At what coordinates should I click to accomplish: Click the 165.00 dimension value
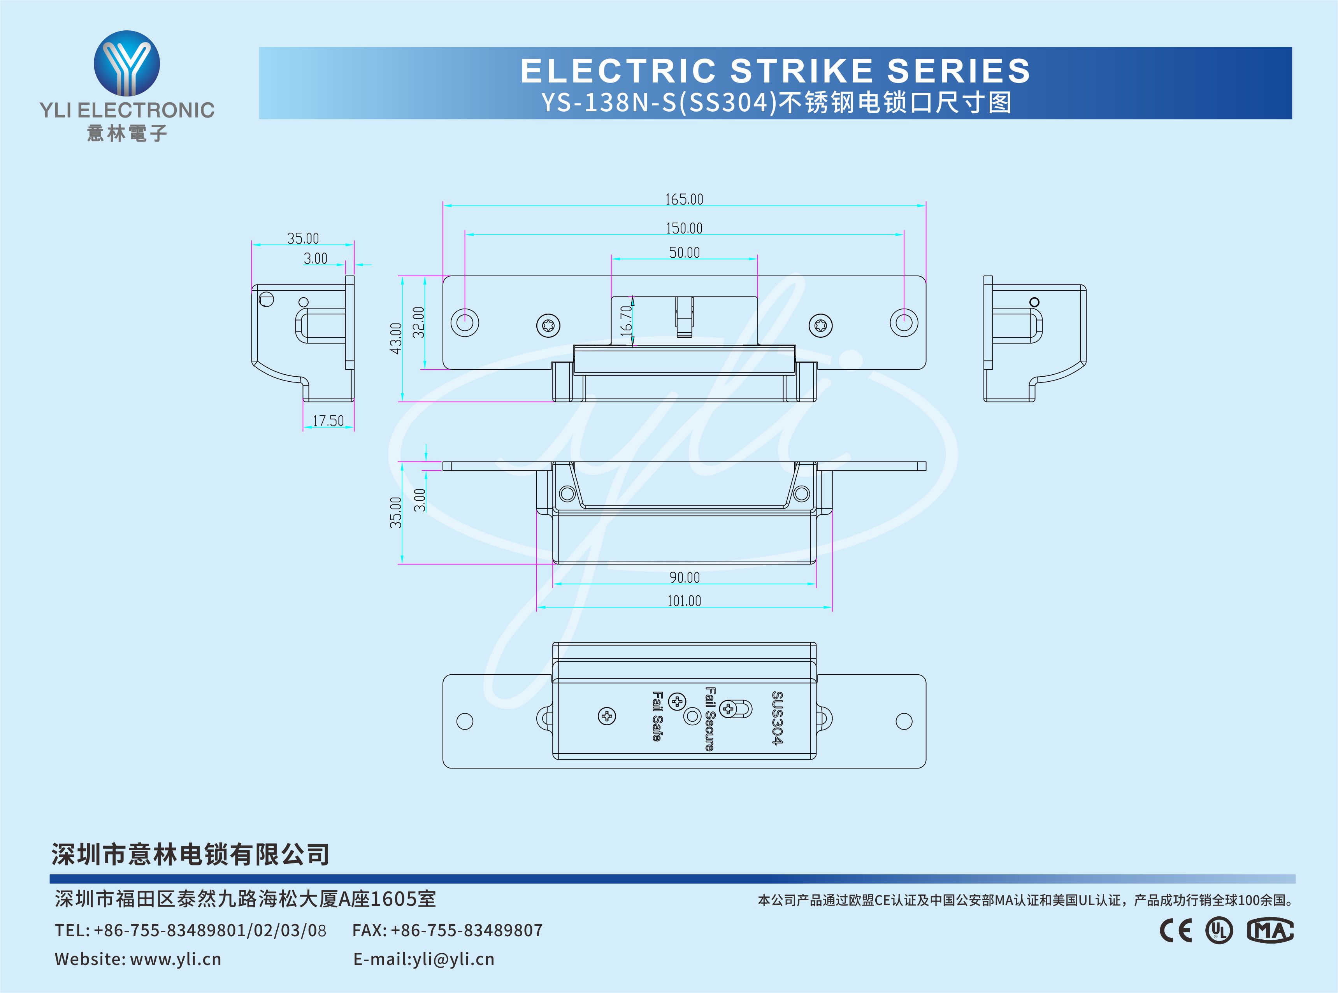[x=684, y=199]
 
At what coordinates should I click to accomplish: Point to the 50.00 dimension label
[x=685, y=253]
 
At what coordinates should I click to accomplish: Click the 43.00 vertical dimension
[x=395, y=339]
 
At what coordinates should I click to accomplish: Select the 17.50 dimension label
[x=328, y=421]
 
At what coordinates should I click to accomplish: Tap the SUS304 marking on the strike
[x=777, y=718]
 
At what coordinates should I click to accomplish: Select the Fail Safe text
[x=657, y=716]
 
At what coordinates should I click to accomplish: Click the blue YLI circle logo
[x=127, y=63]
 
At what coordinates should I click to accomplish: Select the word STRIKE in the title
[x=801, y=70]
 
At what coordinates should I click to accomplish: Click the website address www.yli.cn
[x=176, y=959]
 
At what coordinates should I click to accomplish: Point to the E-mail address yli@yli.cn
[x=453, y=959]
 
